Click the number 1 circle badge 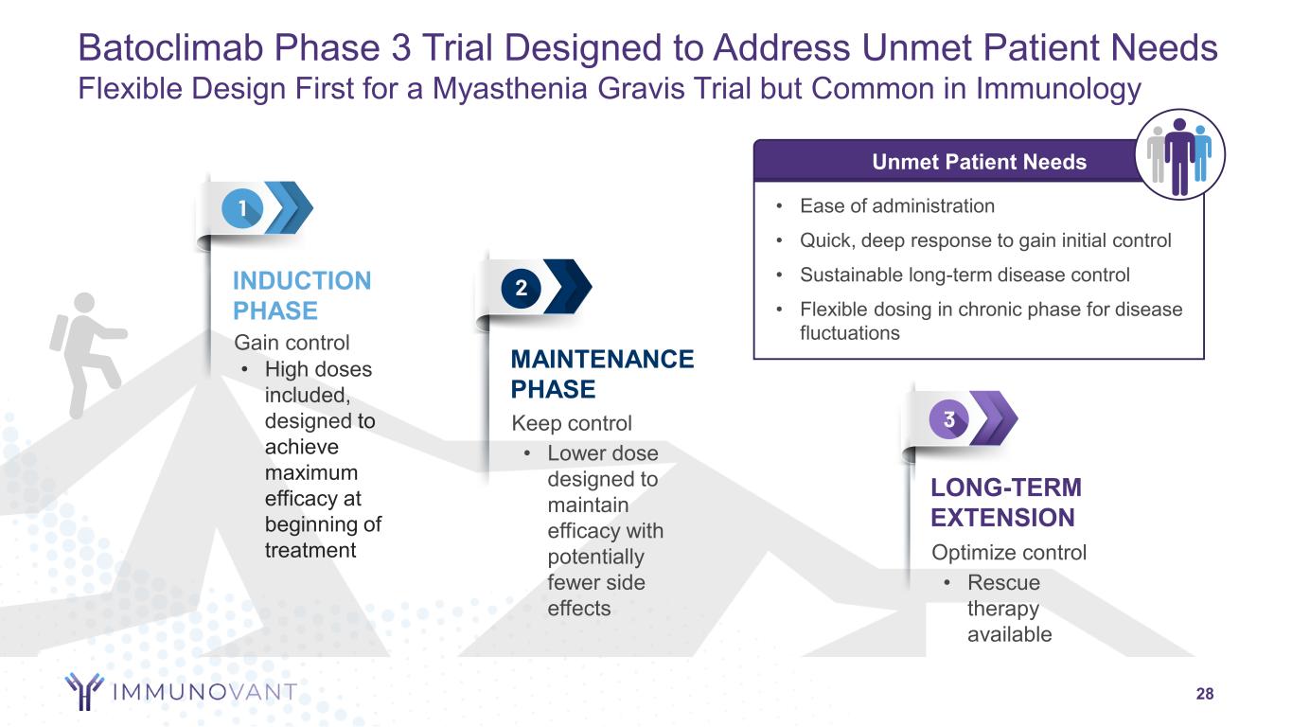tap(242, 207)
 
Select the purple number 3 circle tap(948, 417)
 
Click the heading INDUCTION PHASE tap(302, 295)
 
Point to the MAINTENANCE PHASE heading tap(602, 374)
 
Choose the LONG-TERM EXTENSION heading tap(1006, 503)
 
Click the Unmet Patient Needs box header tap(979, 162)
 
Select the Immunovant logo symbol tap(83, 691)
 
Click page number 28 tap(1204, 695)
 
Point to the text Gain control tap(292, 343)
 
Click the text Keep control tap(571, 423)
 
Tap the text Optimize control tap(1009, 552)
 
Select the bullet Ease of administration tap(896, 206)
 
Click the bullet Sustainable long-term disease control tap(965, 275)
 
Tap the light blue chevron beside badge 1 tap(289, 206)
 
